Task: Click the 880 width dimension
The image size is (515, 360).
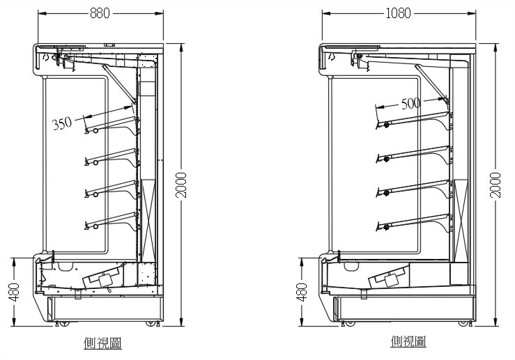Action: pyautogui.click(x=100, y=13)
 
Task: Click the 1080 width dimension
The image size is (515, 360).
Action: pyautogui.click(x=398, y=13)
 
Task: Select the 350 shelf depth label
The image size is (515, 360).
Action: pyautogui.click(x=62, y=124)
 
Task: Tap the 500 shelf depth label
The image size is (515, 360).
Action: pyautogui.click(x=411, y=103)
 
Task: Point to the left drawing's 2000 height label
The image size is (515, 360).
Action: pyautogui.click(x=181, y=185)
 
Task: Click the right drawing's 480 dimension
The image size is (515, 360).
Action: pyautogui.click(x=301, y=291)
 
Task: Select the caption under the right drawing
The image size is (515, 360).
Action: pyautogui.click(x=408, y=341)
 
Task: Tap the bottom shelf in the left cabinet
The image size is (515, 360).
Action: pyautogui.click(x=112, y=219)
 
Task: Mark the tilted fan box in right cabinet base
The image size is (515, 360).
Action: pyautogui.click(x=390, y=277)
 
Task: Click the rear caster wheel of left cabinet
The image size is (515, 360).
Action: pyautogui.click(x=151, y=324)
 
